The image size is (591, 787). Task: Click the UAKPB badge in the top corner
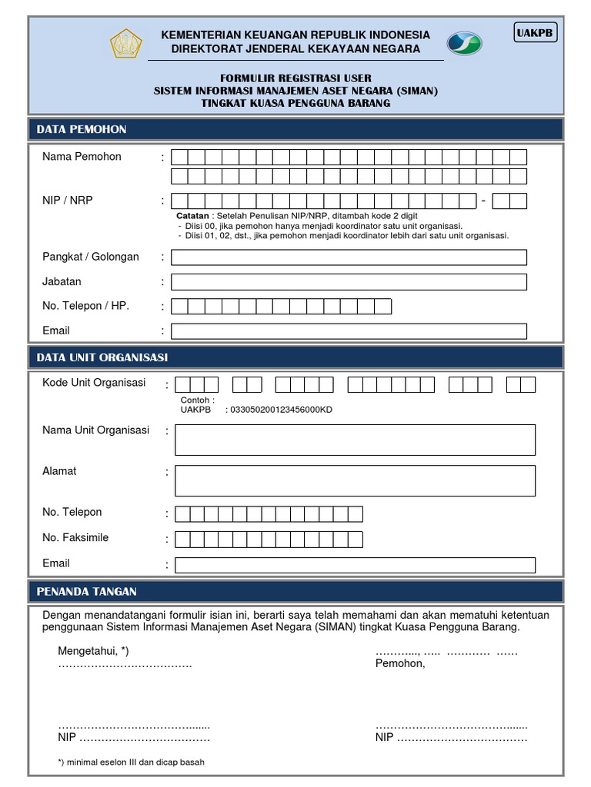pyautogui.click(x=536, y=34)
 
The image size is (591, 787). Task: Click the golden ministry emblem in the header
pyautogui.click(x=126, y=43)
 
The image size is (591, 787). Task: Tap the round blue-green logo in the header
pyautogui.click(x=464, y=43)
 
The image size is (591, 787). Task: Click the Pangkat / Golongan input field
pyautogui.click(x=349, y=257)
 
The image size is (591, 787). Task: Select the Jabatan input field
pyautogui.click(x=349, y=282)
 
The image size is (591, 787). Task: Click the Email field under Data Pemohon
pyautogui.click(x=349, y=331)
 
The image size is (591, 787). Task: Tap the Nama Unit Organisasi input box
pyautogui.click(x=355, y=440)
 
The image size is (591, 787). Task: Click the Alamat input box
pyautogui.click(x=355, y=480)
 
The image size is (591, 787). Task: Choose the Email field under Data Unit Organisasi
pyautogui.click(x=355, y=565)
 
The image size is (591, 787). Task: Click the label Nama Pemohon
pyautogui.click(x=82, y=157)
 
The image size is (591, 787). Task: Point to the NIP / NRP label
pyautogui.click(x=68, y=201)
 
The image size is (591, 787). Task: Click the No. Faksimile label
pyautogui.click(x=75, y=537)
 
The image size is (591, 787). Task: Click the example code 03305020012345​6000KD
pyautogui.click(x=281, y=410)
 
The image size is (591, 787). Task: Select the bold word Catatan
pyautogui.click(x=192, y=217)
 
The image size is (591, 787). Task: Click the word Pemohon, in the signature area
pyautogui.click(x=400, y=663)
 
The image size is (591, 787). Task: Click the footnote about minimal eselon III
pyautogui.click(x=131, y=762)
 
